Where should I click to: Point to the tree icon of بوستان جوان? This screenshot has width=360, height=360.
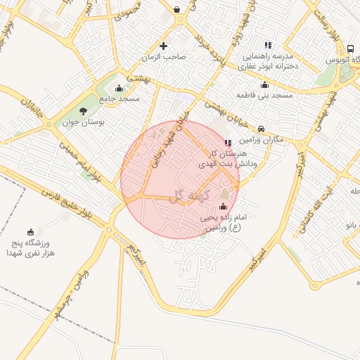(84, 111)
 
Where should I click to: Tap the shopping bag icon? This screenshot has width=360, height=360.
(175, 10)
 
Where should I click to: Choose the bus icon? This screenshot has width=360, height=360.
(350, 49)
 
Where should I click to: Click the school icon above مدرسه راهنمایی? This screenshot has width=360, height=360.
(266, 45)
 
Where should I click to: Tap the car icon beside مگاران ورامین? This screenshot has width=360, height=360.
(262, 129)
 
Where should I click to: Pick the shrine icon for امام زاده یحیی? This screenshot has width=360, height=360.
(224, 207)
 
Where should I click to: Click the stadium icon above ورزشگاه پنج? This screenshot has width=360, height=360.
(30, 232)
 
